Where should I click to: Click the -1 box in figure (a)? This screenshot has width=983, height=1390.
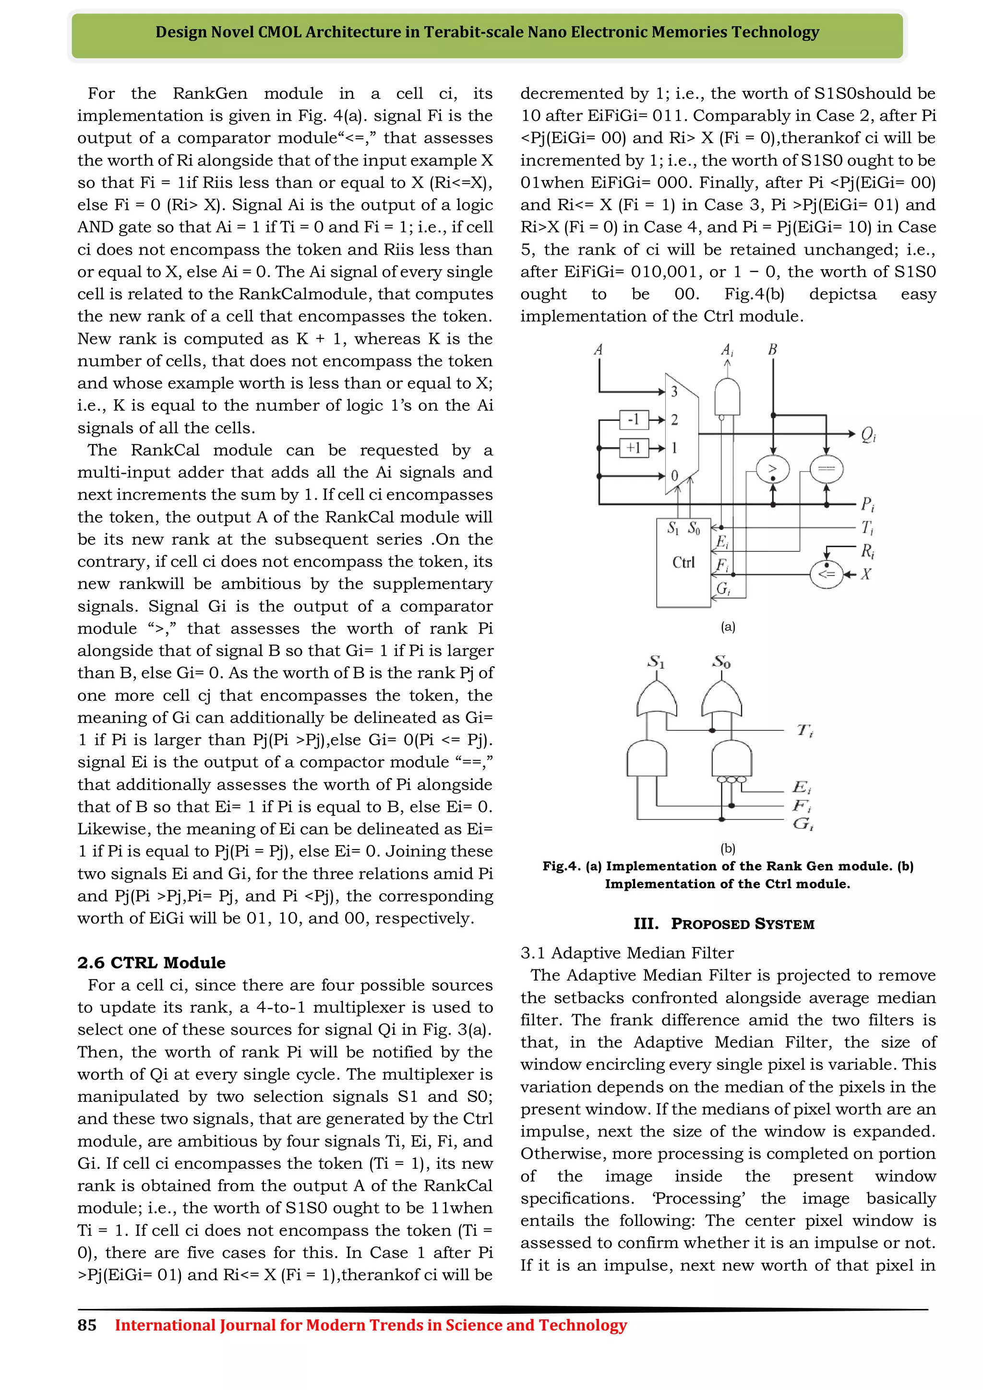pos(634,419)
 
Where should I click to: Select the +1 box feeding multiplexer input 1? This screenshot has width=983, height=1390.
pos(634,447)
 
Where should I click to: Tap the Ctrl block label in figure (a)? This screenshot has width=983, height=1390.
pos(683,563)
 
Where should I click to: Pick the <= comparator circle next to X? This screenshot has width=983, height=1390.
pos(826,573)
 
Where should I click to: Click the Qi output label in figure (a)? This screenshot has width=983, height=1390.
pos(868,434)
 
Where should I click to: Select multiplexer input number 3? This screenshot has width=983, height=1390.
pos(674,392)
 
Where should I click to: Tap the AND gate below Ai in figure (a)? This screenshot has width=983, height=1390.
pos(727,396)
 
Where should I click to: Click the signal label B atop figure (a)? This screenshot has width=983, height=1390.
pos(772,349)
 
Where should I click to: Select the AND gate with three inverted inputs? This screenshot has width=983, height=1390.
pos(731,759)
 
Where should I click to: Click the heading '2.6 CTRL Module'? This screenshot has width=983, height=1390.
pos(151,963)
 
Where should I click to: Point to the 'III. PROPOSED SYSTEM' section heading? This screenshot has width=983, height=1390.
pos(724,924)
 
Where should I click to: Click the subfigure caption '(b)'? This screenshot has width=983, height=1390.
pos(728,848)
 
